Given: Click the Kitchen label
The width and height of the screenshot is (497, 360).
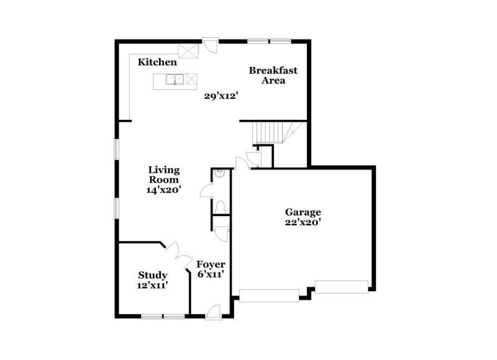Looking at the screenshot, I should pos(157,62).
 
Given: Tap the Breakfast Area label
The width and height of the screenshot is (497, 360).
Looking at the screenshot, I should pos(273,75).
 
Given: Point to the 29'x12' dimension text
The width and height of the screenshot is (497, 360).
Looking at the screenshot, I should pos(222,96).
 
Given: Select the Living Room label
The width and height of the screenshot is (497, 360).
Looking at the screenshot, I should pos(163,174).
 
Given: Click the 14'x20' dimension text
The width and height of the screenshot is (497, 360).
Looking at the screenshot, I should pos(163,191).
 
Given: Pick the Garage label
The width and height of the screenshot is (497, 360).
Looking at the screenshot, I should pos(303,211).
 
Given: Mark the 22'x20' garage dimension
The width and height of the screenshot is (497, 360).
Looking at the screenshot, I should pos(303,222).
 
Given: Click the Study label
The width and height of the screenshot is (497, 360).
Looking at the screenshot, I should pos(152,275).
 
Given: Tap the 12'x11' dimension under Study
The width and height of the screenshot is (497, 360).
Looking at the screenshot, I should pos(152,286).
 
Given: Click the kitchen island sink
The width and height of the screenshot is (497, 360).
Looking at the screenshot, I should pos(174,79).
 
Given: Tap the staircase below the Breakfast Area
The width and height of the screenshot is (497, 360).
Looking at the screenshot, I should pos(271,132).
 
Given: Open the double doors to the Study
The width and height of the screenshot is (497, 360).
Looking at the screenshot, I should pos(180,254).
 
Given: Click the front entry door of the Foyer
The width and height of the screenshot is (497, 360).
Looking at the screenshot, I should pos(213,313).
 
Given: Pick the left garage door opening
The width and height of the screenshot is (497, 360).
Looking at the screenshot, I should pos(269,295).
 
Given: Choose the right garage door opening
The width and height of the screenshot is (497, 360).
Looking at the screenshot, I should pos(341,286).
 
